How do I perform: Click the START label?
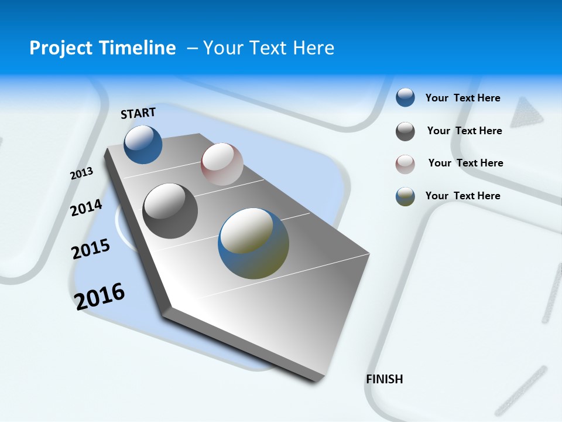coord(138,113)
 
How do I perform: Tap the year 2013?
coord(81,173)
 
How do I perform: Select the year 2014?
coord(86,207)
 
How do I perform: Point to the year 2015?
coord(91,249)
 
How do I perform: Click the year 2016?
coord(100,296)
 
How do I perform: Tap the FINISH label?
coord(385,379)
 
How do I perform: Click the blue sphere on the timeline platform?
coord(143,144)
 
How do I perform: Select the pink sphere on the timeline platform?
coord(222,164)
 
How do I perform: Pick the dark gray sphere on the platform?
coord(170,211)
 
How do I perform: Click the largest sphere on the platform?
coord(253,243)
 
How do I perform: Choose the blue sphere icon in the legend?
coord(405,97)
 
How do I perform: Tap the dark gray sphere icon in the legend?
coord(405,131)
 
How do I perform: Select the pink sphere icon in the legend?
coord(405,164)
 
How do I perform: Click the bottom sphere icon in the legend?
coord(405,196)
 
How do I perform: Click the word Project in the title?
coord(61,48)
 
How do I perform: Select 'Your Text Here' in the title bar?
coord(269,48)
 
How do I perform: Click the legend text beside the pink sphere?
coord(465,163)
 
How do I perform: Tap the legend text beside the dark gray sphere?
coord(464,131)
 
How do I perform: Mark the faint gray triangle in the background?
coord(526,113)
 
